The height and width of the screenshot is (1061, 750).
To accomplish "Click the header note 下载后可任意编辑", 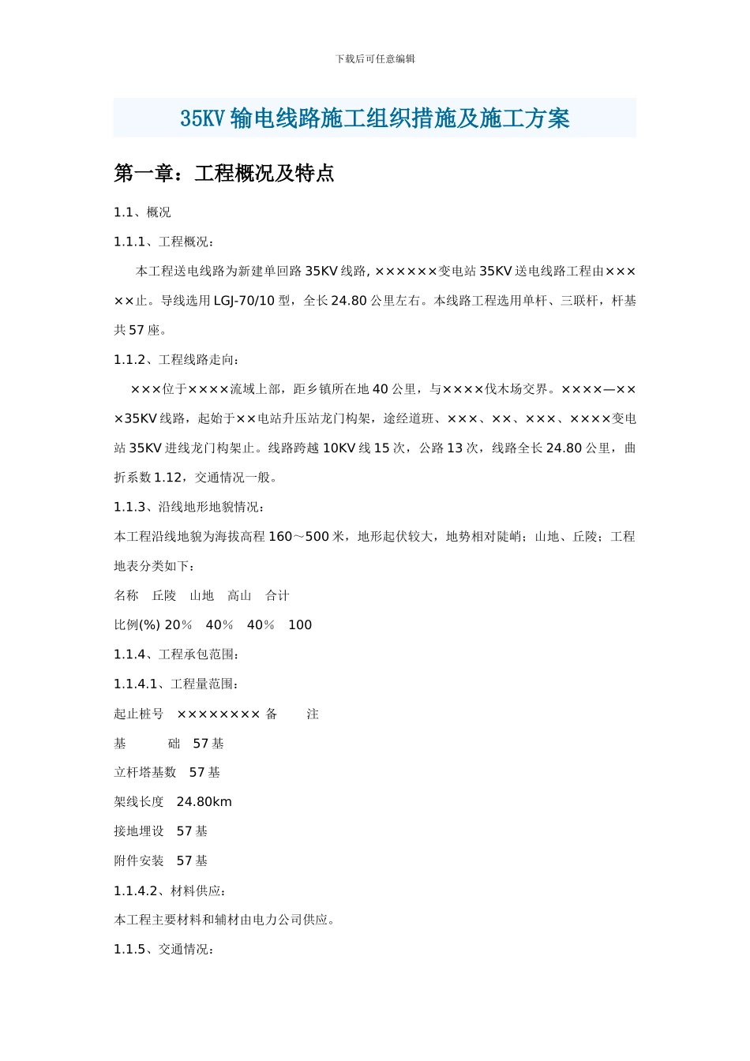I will [x=375, y=58].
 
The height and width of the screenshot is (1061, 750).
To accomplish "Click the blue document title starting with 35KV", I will [x=375, y=118].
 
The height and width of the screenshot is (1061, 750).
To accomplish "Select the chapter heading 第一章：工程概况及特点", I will [x=224, y=174].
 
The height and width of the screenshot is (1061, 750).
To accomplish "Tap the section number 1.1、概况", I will [x=142, y=212].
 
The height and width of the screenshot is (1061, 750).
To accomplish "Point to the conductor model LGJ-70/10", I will [x=245, y=301].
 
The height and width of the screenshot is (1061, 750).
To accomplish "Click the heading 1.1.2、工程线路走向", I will [x=176, y=360].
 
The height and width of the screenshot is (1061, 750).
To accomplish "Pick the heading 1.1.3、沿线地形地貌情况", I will [x=189, y=507].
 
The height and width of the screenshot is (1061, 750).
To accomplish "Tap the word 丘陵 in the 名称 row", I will [x=164, y=596].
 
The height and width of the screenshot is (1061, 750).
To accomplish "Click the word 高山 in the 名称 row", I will [x=239, y=596].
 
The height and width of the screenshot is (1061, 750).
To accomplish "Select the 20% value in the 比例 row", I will [x=178, y=625].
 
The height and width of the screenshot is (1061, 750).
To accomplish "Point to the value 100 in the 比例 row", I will [x=300, y=625].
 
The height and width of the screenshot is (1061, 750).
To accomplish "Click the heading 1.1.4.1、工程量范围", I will [x=176, y=684].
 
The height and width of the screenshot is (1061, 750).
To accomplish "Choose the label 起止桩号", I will [x=139, y=714].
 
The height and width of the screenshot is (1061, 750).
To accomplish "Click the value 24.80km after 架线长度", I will [x=204, y=802].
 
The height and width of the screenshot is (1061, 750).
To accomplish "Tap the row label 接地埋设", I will [x=139, y=831].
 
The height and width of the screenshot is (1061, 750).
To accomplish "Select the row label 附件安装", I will [x=139, y=861].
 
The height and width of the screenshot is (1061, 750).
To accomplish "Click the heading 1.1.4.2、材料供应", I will [x=171, y=891].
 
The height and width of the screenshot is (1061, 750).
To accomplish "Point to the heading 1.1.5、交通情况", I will [x=164, y=950].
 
